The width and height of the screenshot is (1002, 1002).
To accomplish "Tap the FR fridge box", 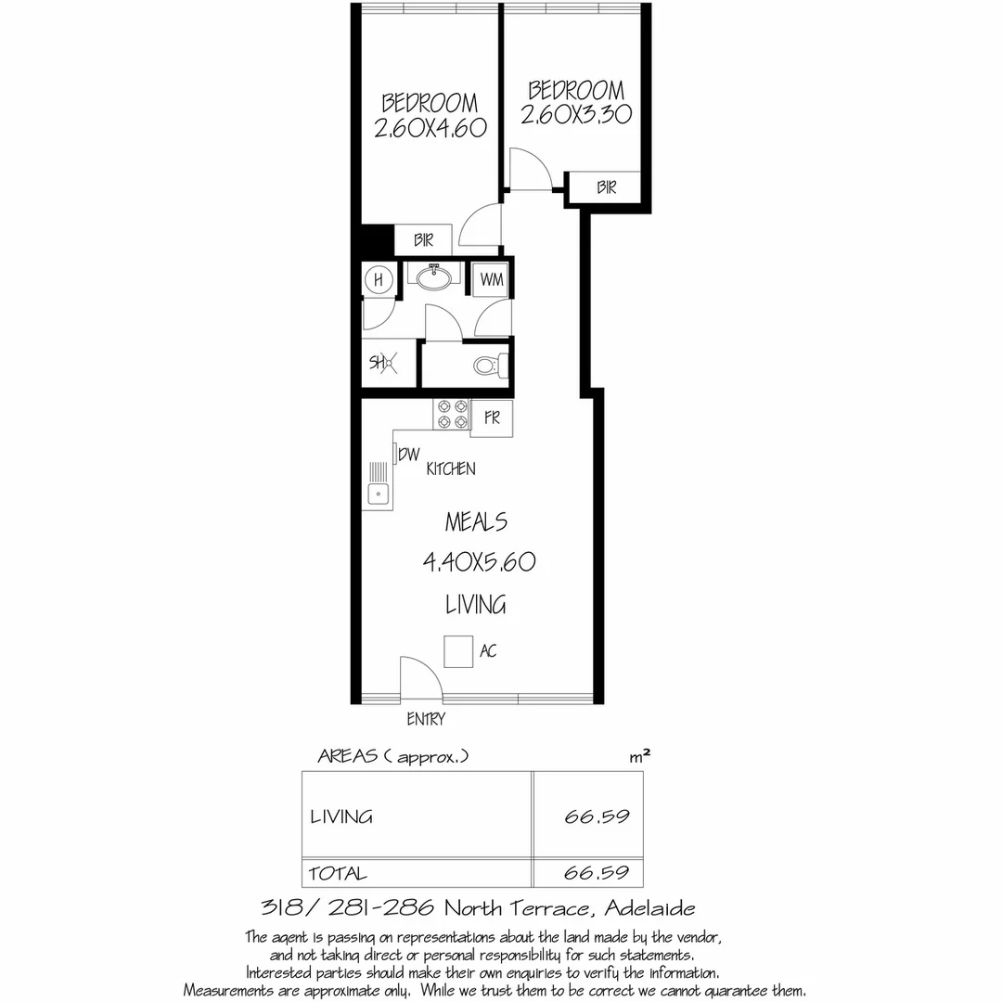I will click(x=491, y=418).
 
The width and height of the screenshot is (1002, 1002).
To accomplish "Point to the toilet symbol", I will click(x=489, y=366).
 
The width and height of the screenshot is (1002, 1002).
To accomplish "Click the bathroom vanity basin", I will click(x=433, y=276).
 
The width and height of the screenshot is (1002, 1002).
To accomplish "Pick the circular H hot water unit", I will click(x=378, y=279).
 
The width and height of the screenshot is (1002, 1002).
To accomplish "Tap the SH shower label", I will click(x=381, y=364).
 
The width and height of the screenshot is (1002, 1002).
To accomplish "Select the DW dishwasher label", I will click(x=409, y=454).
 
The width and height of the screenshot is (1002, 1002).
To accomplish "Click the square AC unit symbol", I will click(x=458, y=651).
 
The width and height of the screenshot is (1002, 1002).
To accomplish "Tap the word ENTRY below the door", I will click(x=426, y=719).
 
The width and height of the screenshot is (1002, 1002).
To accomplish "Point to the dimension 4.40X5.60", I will click(x=480, y=562).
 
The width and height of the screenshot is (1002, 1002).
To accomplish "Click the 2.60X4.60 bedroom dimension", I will click(x=430, y=128).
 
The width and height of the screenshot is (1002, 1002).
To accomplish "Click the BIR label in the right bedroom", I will click(x=607, y=187).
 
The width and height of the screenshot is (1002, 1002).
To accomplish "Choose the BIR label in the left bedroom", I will click(x=424, y=240).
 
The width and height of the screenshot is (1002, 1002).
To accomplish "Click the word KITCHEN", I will click(x=451, y=469).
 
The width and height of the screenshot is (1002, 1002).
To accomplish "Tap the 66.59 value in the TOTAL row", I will click(x=597, y=873).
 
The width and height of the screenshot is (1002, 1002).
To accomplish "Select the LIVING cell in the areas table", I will click(x=341, y=817).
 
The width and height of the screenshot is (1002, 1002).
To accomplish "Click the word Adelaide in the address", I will click(x=649, y=907).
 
